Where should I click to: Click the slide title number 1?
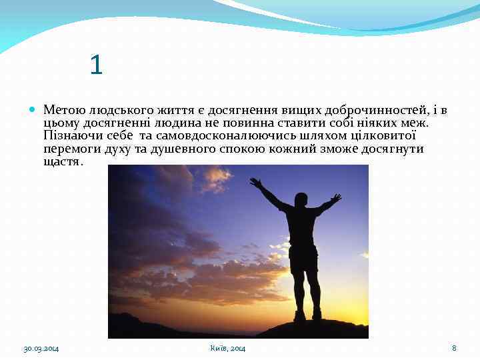(97, 65)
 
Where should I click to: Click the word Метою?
(61, 109)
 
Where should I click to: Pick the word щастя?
(62, 161)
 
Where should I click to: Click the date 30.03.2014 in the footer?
(41, 348)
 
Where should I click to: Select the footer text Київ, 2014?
(227, 348)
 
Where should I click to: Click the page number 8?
(454, 348)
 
